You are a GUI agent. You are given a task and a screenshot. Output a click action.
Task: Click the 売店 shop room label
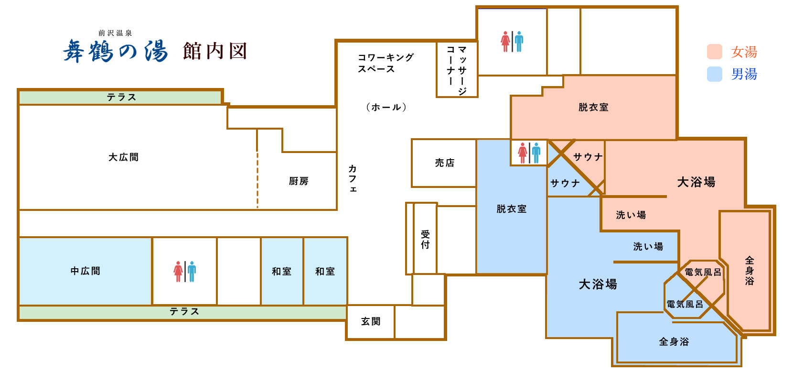tap(445, 163)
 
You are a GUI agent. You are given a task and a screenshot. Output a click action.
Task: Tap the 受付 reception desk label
tap(425, 240)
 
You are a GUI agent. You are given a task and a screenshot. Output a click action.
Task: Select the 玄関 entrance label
tap(371, 321)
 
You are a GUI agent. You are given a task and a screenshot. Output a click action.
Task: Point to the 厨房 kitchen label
tap(299, 181)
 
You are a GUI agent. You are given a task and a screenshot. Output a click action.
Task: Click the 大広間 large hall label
tap(123, 157)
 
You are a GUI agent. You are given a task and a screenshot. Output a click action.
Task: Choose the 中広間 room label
tap(86, 271)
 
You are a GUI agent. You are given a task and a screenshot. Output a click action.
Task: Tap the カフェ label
tap(353, 178)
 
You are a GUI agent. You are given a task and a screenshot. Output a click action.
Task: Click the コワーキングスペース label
tap(386, 63)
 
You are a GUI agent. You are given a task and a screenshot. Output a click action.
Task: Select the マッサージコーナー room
tap(457, 69)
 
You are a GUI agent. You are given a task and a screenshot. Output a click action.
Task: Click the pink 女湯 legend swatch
tap(714, 52)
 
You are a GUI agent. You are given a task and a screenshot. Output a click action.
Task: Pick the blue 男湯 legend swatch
tap(714, 74)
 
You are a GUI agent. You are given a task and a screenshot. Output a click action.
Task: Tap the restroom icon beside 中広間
tap(184, 271)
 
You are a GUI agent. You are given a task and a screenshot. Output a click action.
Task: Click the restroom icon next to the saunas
tap(529, 153)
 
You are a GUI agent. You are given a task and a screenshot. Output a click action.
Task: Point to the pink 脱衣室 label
tap(593, 107)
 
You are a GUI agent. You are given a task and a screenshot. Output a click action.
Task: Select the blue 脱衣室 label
tap(511, 209)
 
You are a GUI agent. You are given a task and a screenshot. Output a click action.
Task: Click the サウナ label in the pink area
tap(588, 157)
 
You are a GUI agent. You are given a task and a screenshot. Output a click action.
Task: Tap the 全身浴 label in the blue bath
tap(674, 341)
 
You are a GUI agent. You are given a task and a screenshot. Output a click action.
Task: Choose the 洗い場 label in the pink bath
tap(631, 215)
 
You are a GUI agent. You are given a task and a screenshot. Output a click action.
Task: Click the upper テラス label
tap(121, 97)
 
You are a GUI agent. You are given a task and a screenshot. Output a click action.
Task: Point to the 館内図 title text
tap(214, 51)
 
